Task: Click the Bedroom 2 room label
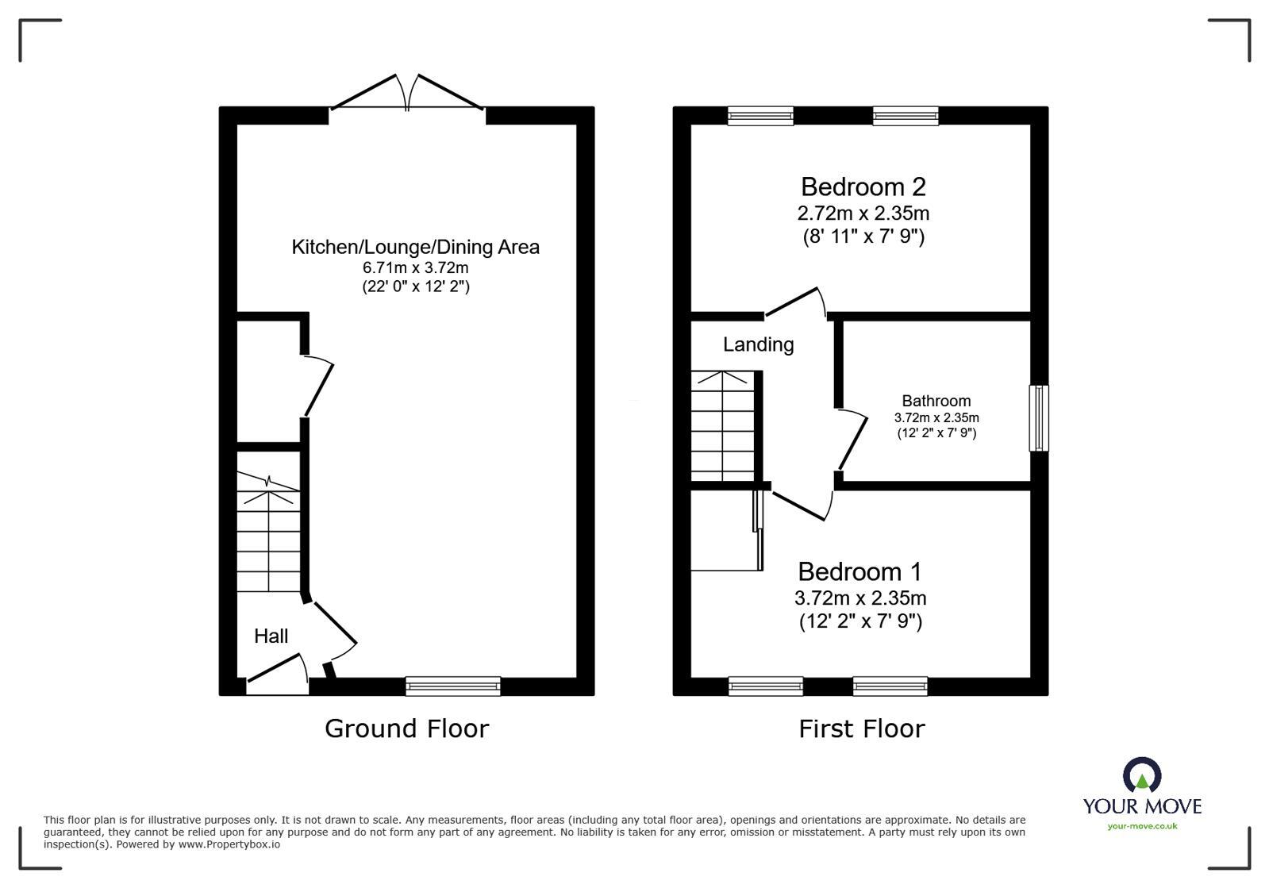point(863,187)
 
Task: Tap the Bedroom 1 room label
point(860,571)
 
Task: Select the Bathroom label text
point(936,401)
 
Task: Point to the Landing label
point(758,344)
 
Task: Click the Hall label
point(271,636)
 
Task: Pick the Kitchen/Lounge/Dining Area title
point(415,247)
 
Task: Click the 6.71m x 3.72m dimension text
point(415,267)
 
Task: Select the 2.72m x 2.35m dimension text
point(863,213)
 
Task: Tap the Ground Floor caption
point(406,728)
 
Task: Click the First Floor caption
point(861,728)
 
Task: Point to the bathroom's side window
point(1039,418)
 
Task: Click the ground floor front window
point(452,686)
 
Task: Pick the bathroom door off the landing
point(852,439)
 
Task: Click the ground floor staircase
point(268,540)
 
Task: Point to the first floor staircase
point(721,429)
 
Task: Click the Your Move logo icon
point(1141,775)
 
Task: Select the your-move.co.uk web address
point(1142,826)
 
